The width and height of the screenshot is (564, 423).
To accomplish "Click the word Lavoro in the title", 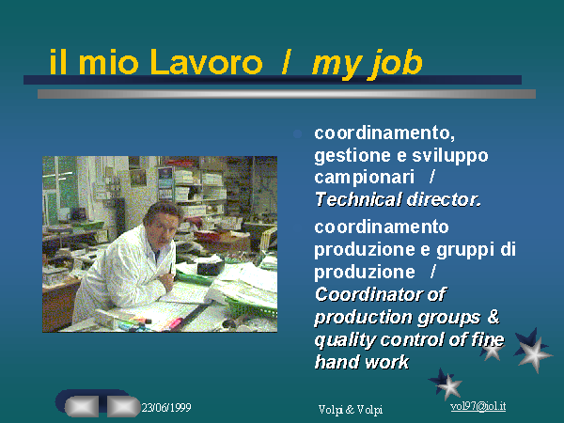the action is coord(207,62).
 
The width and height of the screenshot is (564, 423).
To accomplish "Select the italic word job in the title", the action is coord(397,64).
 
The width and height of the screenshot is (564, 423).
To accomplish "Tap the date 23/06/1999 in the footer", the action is coord(166,408).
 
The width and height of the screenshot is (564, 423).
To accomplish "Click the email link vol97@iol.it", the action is coord(478,406).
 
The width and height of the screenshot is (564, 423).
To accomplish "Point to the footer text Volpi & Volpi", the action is coord(351,409).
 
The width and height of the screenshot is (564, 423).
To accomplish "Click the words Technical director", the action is coord(398,199).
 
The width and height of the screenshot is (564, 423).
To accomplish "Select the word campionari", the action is coord(365,178).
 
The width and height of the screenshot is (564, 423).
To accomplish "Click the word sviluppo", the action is coord(450,156).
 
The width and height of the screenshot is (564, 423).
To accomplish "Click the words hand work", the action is coord(362,362).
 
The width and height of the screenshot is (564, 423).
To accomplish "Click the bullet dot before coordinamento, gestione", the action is coord(297,134).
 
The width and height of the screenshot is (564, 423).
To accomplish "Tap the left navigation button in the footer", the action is coord(82,406).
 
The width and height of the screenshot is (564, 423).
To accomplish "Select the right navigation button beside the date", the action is coord(123,406).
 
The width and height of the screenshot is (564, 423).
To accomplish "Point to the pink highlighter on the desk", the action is coord(173,322).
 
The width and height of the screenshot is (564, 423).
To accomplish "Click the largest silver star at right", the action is coord(535,353).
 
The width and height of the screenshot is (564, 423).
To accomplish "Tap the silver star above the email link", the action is coord(449,386).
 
